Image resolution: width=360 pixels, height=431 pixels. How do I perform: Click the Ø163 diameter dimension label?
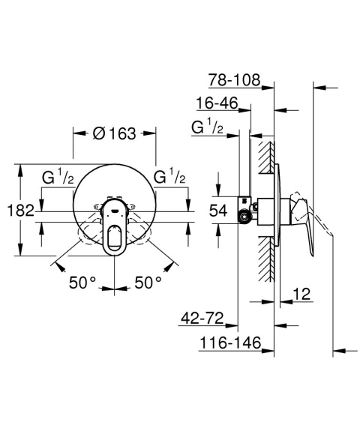tap(114, 134)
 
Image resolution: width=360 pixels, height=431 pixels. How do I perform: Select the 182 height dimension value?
tap(23, 211)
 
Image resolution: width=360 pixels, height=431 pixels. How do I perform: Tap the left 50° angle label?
tap(82, 283)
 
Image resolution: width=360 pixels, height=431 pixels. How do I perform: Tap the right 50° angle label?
tap(148, 283)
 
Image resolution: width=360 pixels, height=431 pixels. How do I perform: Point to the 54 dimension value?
tap(217, 211)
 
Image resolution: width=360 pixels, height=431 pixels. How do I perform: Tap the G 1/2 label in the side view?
tap(208, 127)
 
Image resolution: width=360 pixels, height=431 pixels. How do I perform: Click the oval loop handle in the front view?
tap(115, 228)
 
